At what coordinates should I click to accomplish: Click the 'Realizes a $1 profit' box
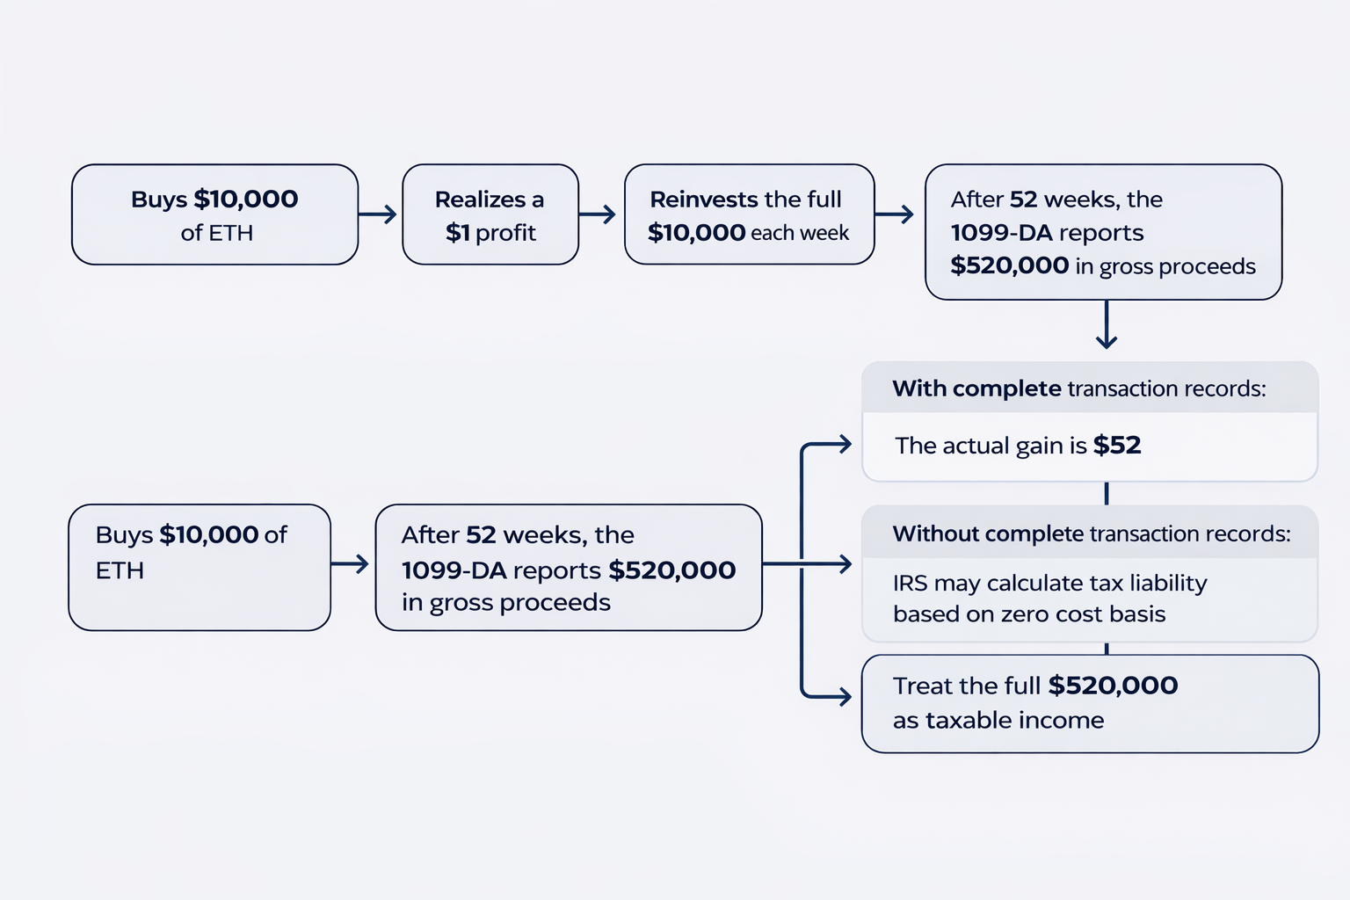coord(490,214)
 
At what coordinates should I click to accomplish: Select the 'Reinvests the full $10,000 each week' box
coord(749,214)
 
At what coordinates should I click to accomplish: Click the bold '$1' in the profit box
coord(458,233)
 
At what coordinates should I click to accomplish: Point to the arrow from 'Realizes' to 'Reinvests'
coord(598,214)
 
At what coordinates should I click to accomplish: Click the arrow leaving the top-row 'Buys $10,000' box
coord(378,214)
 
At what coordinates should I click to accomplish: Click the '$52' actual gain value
coord(1117,446)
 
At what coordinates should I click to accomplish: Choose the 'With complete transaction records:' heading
coord(1079,388)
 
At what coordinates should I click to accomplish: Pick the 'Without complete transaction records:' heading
coord(1092,533)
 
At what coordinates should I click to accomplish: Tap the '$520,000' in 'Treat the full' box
coord(1113,686)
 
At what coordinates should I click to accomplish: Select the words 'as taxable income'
coord(998,721)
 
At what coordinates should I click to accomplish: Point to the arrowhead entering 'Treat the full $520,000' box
coord(844,698)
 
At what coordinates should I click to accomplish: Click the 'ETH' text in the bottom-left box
coord(120,571)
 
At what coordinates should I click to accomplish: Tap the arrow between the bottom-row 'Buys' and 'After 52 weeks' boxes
coord(350,564)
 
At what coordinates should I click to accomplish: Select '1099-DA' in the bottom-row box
coord(454,570)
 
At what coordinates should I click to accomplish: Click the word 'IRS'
coord(910,584)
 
